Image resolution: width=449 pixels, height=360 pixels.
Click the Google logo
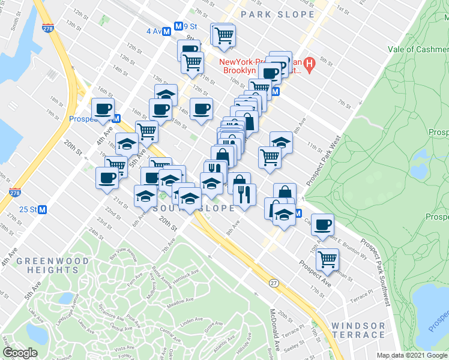point(20,353)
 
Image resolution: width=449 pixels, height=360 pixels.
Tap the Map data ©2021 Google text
point(412,355)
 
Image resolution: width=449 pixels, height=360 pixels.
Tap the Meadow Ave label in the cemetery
point(181,302)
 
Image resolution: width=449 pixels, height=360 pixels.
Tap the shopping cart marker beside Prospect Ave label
point(327,260)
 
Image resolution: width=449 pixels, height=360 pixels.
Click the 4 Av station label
point(155,31)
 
